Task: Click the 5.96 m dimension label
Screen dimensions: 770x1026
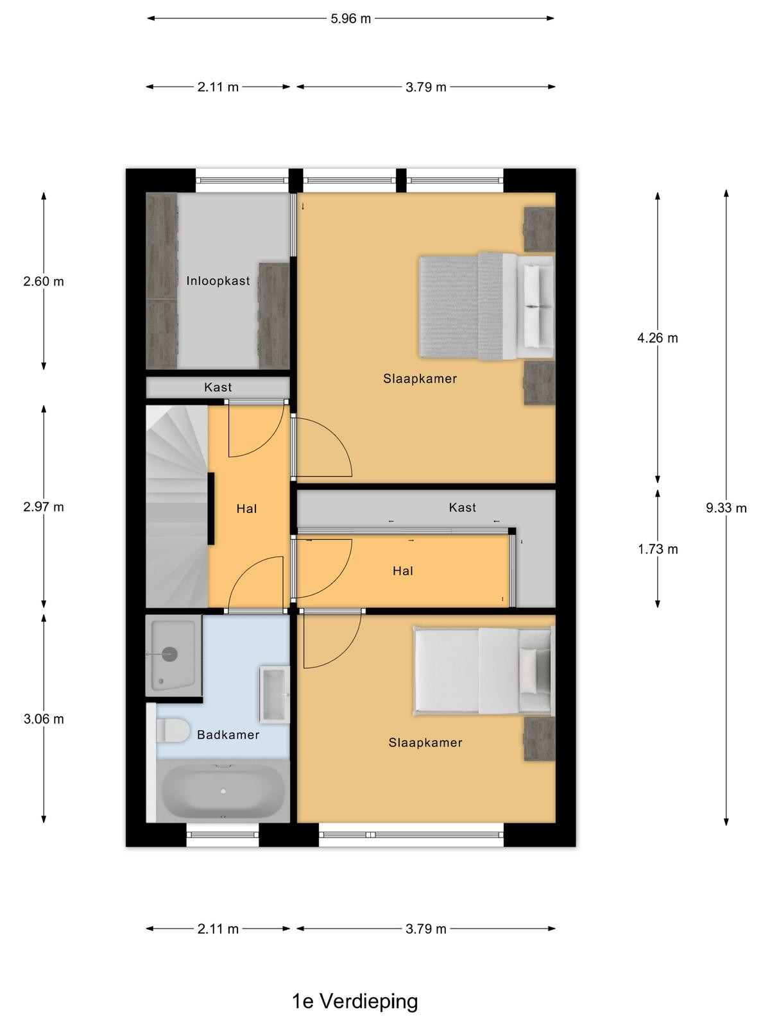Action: (x=350, y=19)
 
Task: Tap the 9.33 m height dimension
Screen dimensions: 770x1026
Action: (x=726, y=508)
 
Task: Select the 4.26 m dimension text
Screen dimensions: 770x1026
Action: (x=657, y=338)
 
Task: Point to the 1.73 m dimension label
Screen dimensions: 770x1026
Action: (x=657, y=549)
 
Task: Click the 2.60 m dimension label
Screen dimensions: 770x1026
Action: (x=44, y=282)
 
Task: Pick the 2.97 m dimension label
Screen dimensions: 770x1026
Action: (x=44, y=507)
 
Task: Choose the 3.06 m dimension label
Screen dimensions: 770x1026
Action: (x=44, y=719)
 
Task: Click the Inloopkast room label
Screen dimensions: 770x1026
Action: (x=218, y=281)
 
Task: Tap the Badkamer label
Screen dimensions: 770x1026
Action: (x=228, y=735)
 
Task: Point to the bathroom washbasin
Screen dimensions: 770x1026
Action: (x=275, y=694)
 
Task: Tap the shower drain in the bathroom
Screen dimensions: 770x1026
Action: (x=169, y=654)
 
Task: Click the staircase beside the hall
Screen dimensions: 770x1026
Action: (x=176, y=507)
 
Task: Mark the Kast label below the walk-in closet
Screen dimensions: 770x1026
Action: (x=218, y=387)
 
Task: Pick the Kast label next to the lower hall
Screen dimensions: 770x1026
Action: (x=463, y=508)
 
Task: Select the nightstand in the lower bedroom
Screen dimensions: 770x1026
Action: (x=539, y=739)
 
